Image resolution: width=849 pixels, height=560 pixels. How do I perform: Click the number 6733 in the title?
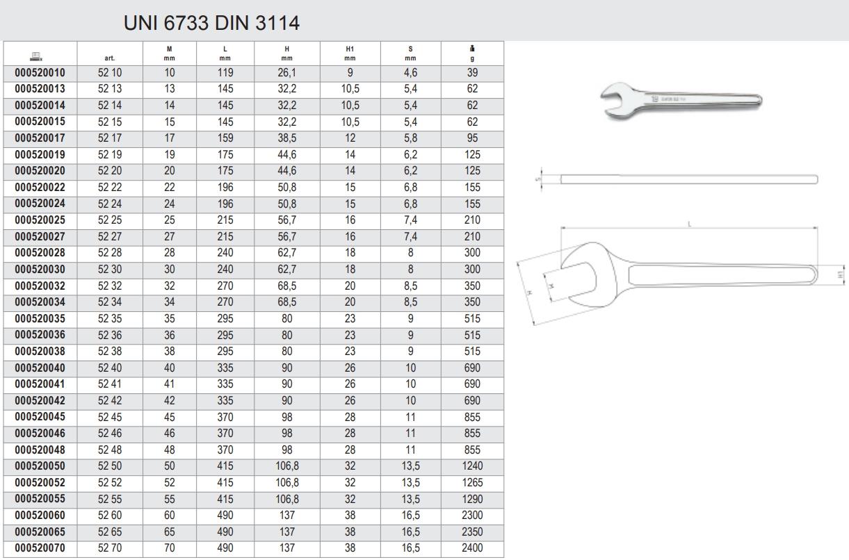click(x=186, y=23)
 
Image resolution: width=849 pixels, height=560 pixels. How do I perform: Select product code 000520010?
click(x=40, y=73)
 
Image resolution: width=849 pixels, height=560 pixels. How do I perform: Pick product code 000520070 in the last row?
click(x=40, y=548)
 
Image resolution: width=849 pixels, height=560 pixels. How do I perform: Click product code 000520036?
click(x=40, y=335)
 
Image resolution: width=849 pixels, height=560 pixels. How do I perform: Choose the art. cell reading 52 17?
click(x=110, y=138)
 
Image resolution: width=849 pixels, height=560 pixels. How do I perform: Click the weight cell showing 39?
click(x=472, y=73)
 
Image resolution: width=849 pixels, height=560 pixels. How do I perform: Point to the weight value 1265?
click(x=472, y=482)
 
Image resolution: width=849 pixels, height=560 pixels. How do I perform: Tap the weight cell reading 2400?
click(x=472, y=548)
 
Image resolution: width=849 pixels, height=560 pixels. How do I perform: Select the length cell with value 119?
click(x=225, y=73)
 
